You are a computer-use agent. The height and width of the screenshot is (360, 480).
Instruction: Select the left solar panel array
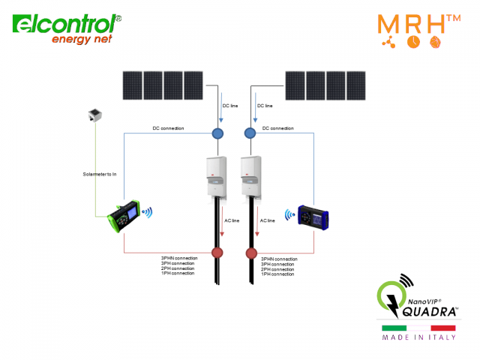click(x=163, y=85)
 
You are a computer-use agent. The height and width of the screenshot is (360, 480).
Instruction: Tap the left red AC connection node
click(x=217, y=253)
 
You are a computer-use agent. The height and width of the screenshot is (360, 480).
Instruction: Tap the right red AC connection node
click(x=252, y=253)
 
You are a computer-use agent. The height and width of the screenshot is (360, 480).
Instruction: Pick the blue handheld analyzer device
click(x=314, y=215)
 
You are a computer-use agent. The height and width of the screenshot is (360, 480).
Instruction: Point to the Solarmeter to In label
click(x=100, y=174)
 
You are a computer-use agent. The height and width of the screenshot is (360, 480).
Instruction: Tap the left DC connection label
click(x=168, y=128)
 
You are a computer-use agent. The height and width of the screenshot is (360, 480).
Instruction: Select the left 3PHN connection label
click(x=179, y=258)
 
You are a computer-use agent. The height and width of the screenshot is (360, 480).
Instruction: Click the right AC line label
click(x=267, y=220)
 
